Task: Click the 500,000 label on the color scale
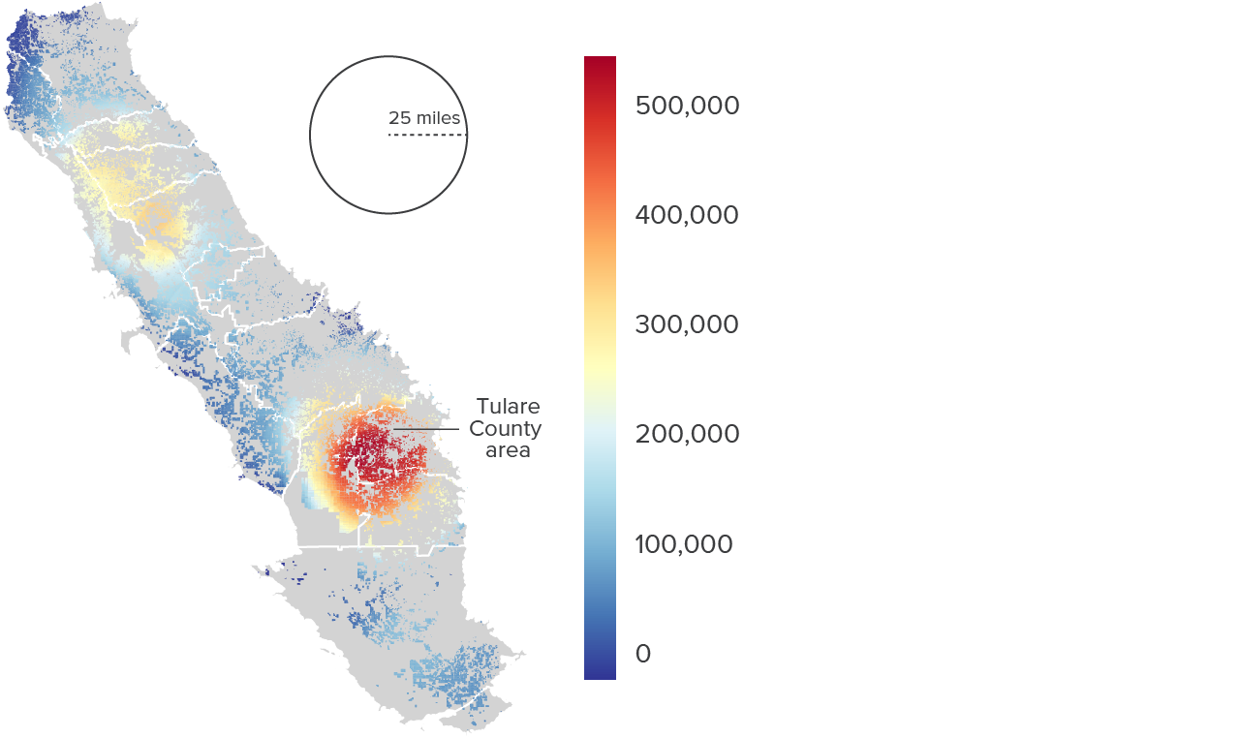coord(687,106)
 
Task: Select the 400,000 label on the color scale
coord(687,215)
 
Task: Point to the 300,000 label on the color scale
coord(687,324)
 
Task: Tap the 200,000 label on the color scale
coord(687,434)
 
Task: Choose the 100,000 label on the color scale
coord(684,544)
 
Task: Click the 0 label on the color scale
coord(643,654)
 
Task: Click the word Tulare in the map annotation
coord(509,406)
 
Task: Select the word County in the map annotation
coord(506,429)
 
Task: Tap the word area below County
coord(509,451)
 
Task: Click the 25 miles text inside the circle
coord(424,118)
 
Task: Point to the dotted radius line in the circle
coord(427,135)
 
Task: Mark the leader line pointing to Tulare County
coord(426,429)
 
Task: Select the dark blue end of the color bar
coord(600,670)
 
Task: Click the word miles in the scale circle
coord(438,118)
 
